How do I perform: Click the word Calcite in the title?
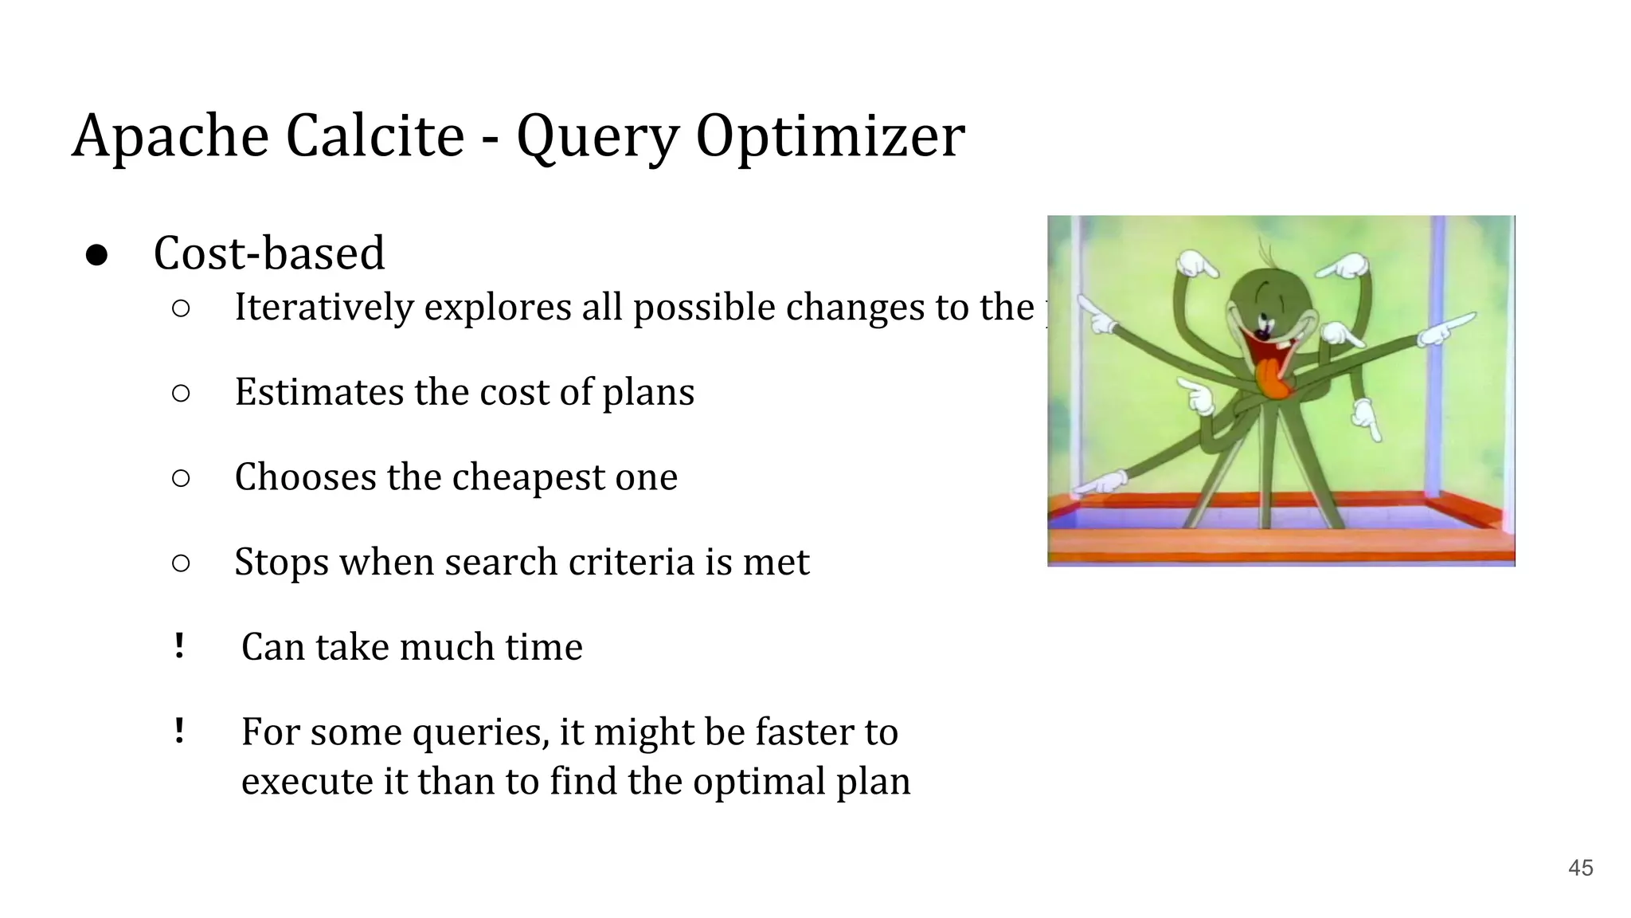pos(374,135)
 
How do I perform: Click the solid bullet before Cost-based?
pos(96,255)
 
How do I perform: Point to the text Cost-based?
pos(268,253)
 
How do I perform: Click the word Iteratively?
pos(324,308)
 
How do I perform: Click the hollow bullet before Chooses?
pos(181,478)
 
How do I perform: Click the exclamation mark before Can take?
pos(179,645)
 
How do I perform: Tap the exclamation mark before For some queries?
pos(179,731)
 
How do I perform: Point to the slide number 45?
pos(1580,868)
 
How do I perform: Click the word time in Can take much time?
pos(544,647)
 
